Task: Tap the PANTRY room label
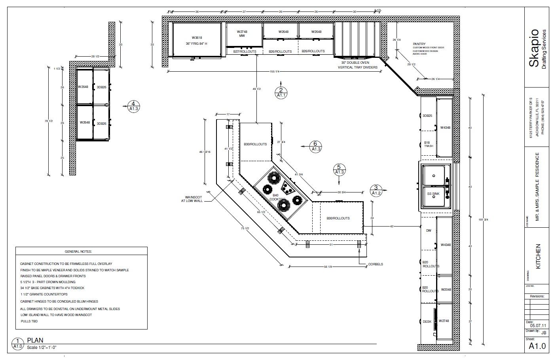pos(419,44)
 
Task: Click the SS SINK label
pos(433,194)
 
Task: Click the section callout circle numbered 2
pos(281,93)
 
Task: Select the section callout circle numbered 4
pos(133,106)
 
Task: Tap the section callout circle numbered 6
pos(315,147)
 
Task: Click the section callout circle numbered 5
pos(339,170)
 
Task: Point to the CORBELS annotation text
pos(375,264)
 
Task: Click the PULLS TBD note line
pos(29,321)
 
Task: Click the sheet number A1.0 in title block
pos(537,346)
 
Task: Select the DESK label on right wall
pos(427,322)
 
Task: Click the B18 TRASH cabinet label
pos(428,144)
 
